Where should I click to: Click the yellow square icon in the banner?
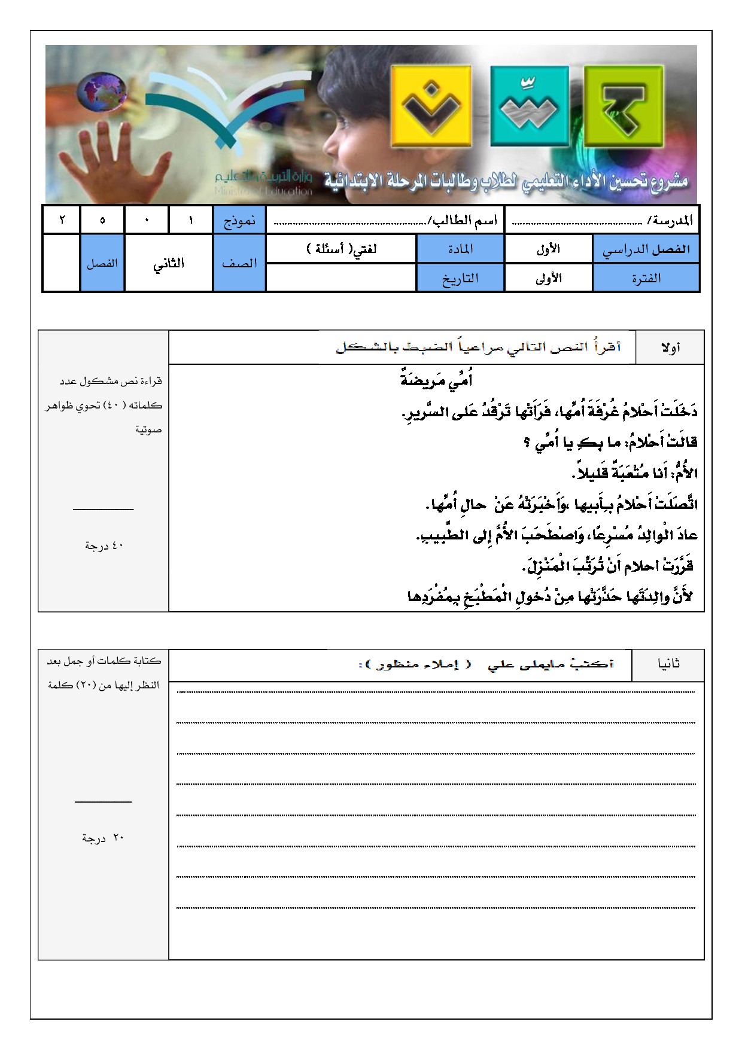pos(431,106)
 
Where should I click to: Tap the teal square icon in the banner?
pos(529,106)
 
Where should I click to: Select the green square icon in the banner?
pos(624,106)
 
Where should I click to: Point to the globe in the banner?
pos(102,92)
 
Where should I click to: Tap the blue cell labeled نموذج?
pos(239,220)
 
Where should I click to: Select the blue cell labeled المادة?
pos(460,249)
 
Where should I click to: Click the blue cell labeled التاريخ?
pos(460,278)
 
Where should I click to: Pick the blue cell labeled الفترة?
pos(646,278)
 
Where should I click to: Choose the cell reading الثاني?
pos(169,263)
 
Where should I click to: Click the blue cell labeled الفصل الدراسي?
pos(646,249)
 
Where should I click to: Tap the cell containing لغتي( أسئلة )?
pos(341,249)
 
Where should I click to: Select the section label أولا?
pos(670,347)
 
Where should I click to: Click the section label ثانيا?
pos(668,664)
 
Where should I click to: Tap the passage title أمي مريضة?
pos(436,380)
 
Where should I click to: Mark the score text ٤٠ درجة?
pos(104,545)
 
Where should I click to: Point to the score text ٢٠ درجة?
pos(103,838)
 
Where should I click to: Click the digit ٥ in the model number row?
pos(102,220)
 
